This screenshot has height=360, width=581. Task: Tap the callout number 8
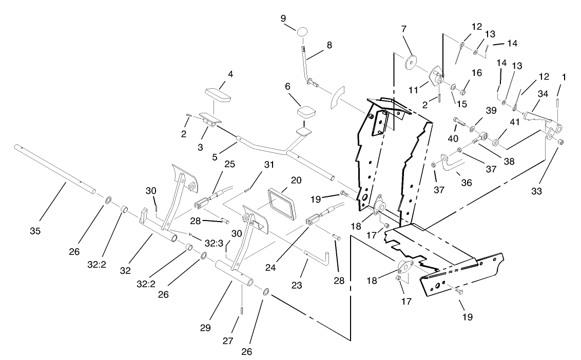(x=329, y=45)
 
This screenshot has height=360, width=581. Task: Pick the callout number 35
(x=34, y=231)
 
